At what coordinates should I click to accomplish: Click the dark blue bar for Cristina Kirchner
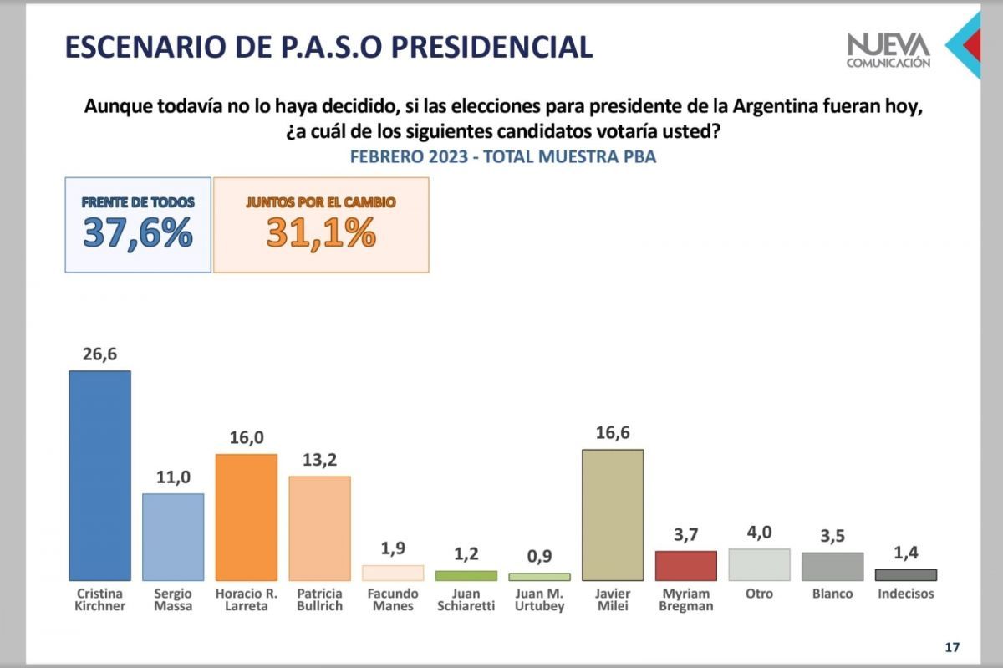(99, 475)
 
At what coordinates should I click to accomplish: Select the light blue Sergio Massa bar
(173, 537)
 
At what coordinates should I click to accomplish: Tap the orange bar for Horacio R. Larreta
(247, 517)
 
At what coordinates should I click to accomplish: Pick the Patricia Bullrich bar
(319, 528)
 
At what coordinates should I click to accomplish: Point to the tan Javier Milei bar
(613, 515)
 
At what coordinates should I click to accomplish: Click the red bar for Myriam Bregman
(686, 565)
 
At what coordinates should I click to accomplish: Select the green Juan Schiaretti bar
(466, 576)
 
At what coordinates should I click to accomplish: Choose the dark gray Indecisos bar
(906, 575)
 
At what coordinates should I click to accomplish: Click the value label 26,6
(99, 354)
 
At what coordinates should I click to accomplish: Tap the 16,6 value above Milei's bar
(613, 434)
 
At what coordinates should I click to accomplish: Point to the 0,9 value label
(539, 557)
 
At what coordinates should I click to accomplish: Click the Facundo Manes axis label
(393, 599)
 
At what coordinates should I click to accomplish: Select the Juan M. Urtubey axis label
(539, 599)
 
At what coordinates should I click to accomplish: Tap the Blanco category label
(832, 594)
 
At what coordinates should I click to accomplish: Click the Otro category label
(759, 594)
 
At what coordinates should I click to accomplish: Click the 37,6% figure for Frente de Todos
(138, 234)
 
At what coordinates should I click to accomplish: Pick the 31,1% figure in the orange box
(321, 234)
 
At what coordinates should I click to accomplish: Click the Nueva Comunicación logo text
(888, 51)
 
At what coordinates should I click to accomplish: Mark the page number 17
(951, 646)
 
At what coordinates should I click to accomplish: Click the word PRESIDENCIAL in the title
(478, 47)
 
